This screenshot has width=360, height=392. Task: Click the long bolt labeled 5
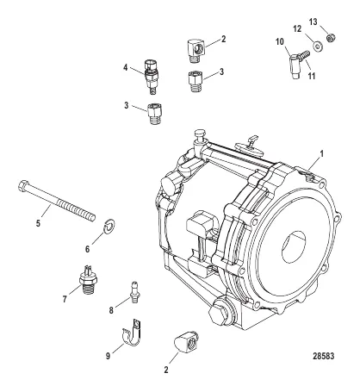coord(57,202)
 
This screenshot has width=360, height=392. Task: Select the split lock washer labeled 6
coord(109,227)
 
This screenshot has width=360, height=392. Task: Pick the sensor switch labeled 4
coord(152,76)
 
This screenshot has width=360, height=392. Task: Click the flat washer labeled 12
coord(318,47)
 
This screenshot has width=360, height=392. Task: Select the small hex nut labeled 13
coord(331,38)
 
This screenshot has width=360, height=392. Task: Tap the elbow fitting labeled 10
coord(294,66)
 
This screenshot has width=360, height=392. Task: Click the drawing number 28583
coord(324,356)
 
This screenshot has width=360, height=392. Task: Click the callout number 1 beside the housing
coord(322,154)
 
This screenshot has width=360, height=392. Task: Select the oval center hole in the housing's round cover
coord(294,247)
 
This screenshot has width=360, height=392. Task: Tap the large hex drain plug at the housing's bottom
coord(221,313)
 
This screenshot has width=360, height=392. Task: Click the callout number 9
coord(108,356)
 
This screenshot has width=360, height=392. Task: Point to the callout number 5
coord(38,223)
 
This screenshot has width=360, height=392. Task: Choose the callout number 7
coord(65,300)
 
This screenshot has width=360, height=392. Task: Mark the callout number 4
coord(125,68)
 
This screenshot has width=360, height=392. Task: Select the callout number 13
coord(313,22)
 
